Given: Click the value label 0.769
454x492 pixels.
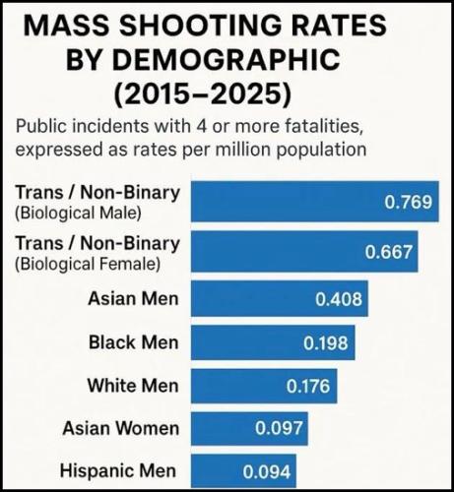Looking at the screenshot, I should pyautogui.click(x=408, y=203).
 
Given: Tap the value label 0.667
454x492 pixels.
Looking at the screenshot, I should pyautogui.click(x=389, y=252).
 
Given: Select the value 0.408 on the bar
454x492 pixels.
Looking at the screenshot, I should pyautogui.click(x=339, y=299).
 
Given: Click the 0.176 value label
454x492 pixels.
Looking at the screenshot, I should pyautogui.click(x=307, y=387).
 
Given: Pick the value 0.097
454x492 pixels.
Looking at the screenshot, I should pyautogui.click(x=276, y=429).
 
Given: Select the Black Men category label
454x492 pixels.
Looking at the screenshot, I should pyautogui.click(x=134, y=342).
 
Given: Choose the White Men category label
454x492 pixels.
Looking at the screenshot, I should pyautogui.click(x=133, y=386).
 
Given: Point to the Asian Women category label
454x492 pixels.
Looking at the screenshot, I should pyautogui.click(x=121, y=428).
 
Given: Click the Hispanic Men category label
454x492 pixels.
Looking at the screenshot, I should pyautogui.click(x=120, y=471).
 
